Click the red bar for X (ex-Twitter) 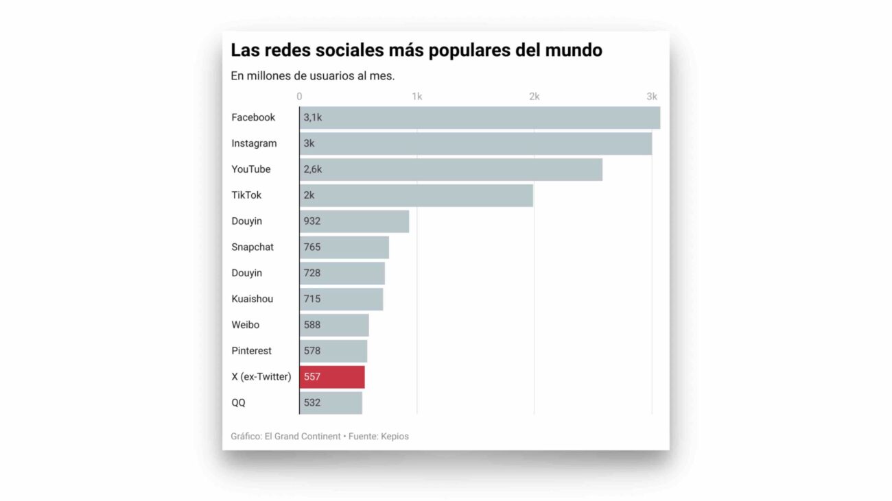click(x=332, y=377)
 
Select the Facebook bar click(x=480, y=118)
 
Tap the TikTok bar click(x=416, y=195)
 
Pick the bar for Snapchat click(x=344, y=247)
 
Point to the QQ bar click(x=331, y=403)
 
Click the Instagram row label click(x=254, y=144)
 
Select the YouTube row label click(x=251, y=169)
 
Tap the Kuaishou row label click(x=252, y=299)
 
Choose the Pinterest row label click(x=251, y=351)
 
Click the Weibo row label click(x=245, y=325)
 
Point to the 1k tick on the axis click(x=416, y=97)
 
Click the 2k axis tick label click(x=534, y=97)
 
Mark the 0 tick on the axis click(x=299, y=97)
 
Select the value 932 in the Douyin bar click(x=312, y=221)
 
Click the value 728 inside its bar click(x=312, y=273)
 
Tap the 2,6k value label click(x=313, y=169)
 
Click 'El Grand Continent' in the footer click(x=303, y=437)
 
